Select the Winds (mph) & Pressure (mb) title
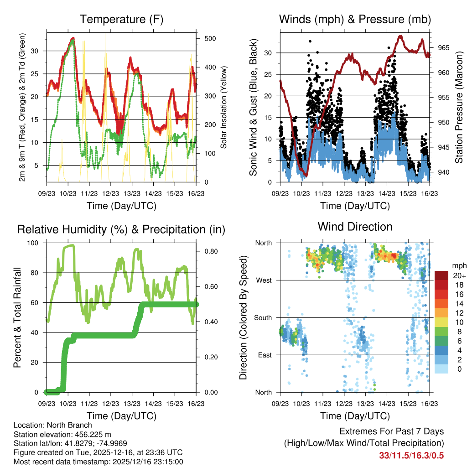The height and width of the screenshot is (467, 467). (355, 20)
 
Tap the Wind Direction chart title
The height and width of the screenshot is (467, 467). (355, 227)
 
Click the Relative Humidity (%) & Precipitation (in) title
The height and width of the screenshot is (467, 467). (121, 229)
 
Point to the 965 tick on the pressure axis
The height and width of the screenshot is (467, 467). (444, 48)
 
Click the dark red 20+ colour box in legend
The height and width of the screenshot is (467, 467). (441, 276)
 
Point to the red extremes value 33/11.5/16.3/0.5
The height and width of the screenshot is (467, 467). (411, 456)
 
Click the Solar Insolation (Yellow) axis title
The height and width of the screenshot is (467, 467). (224, 108)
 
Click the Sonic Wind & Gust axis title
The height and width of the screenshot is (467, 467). (253, 107)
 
